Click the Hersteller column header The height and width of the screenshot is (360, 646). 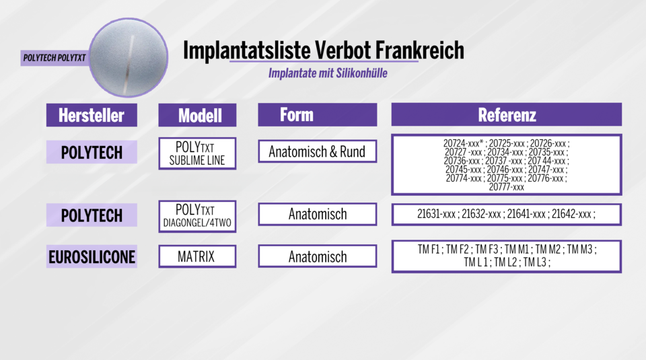click(x=92, y=115)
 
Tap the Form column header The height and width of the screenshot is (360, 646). click(x=297, y=114)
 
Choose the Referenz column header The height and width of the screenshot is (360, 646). click(x=507, y=114)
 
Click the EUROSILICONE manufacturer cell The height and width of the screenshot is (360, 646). click(x=92, y=256)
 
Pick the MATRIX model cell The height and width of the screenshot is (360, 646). click(x=197, y=256)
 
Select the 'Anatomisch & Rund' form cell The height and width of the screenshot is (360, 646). click(x=317, y=151)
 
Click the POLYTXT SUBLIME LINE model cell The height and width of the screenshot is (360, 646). click(x=197, y=153)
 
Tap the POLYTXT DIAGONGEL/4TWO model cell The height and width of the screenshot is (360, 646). click(x=197, y=216)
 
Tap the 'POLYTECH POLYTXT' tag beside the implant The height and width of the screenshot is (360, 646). click(x=54, y=58)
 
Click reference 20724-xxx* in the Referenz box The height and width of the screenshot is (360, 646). click(x=464, y=143)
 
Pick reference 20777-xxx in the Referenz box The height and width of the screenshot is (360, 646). click(x=507, y=187)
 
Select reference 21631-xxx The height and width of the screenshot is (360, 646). click(x=437, y=215)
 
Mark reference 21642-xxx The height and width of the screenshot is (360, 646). click(x=572, y=215)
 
